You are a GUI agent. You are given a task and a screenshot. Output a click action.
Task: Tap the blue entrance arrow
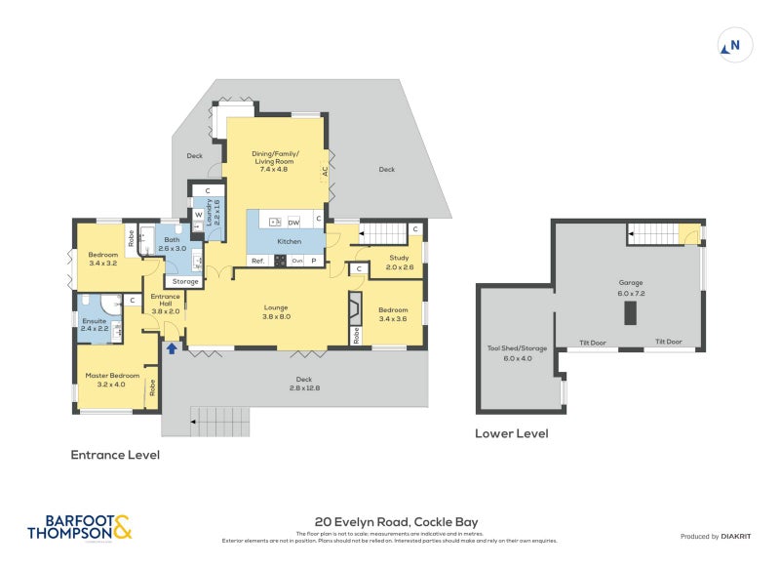pos(172,346)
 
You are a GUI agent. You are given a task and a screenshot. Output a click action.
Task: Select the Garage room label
pos(631,288)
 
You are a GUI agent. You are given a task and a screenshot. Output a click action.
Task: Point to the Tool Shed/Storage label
pos(517,352)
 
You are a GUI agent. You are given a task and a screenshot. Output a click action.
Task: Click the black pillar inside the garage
pos(630,312)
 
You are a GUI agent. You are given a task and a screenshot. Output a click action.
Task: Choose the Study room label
pos(400,263)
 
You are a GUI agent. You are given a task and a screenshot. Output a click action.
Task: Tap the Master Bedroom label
pos(112,380)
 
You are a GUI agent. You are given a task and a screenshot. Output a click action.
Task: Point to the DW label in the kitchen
pos(292,223)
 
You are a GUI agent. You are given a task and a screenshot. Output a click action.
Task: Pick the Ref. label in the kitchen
pos(258,261)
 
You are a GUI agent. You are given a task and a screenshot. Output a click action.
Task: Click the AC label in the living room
pos(325,171)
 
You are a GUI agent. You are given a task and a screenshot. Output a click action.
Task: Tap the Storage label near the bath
pos(185,281)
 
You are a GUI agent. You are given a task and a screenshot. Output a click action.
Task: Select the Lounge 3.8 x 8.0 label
pos(276,311)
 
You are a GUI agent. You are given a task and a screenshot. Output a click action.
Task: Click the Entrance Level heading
pos(115,455)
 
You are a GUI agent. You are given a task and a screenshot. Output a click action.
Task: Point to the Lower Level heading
pos(511,433)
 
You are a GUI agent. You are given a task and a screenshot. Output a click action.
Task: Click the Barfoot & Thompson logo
pos(79,528)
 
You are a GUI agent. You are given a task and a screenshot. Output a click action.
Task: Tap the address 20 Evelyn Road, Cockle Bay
pos(396,522)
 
